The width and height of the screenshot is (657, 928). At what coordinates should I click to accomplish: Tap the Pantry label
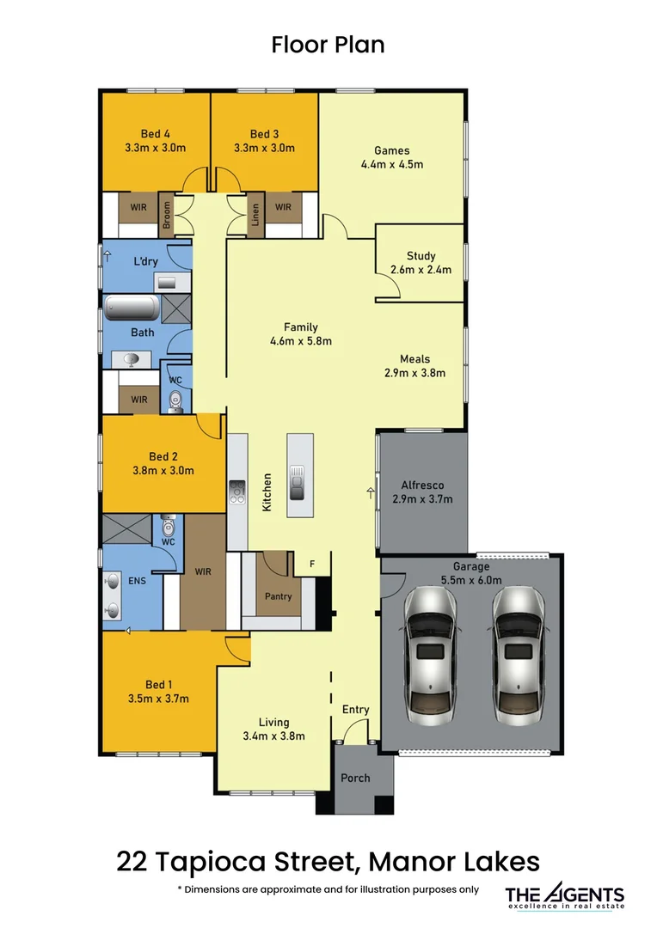[x=278, y=596]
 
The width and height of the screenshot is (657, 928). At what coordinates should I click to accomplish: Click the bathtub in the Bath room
[x=132, y=308]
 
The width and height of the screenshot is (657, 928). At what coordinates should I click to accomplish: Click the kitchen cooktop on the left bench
[x=236, y=491]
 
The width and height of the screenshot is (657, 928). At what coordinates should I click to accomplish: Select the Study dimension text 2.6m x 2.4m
[x=421, y=270]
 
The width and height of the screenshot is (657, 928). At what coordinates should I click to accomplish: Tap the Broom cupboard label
[x=167, y=216]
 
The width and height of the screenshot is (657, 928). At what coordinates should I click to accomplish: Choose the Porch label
[x=355, y=778]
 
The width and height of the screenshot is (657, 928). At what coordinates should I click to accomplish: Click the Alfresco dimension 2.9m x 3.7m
[x=422, y=498]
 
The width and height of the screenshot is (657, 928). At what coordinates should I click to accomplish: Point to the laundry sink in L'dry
[x=166, y=282]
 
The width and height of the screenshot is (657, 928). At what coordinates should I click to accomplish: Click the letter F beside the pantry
[x=312, y=565]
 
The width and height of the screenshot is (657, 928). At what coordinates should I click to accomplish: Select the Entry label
[x=355, y=710]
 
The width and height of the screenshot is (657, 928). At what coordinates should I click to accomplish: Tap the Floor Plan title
[x=328, y=45]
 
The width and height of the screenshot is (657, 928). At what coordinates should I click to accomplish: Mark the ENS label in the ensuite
[x=136, y=582]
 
